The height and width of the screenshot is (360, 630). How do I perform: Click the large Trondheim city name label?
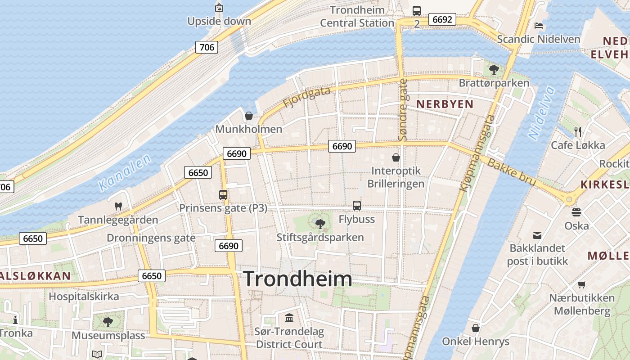(297, 279)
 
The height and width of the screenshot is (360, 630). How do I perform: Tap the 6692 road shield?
(442, 19)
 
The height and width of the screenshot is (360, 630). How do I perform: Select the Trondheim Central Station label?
(357, 17)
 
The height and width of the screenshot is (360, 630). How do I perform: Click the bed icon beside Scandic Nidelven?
(539, 25)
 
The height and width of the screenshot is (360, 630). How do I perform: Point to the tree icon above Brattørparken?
(494, 70)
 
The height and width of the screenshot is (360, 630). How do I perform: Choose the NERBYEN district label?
(445, 104)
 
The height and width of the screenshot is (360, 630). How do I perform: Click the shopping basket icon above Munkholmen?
(248, 116)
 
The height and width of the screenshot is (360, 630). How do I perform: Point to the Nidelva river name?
(542, 112)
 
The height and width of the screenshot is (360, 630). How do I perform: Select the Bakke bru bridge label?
(512, 172)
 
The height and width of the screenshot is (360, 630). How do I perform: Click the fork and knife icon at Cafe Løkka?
(578, 131)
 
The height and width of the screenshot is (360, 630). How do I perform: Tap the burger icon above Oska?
(576, 212)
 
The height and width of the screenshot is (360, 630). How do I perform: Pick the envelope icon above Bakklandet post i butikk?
(537, 235)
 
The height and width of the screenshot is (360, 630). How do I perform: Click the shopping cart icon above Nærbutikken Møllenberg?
(581, 284)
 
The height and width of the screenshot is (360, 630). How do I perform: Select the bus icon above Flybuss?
(357, 206)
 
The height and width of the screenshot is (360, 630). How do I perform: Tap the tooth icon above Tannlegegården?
(118, 207)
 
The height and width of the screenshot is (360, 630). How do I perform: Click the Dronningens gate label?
(151, 238)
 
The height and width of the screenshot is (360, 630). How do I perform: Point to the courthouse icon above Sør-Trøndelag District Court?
(289, 318)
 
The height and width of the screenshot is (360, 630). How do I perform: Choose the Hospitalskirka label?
(84, 297)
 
